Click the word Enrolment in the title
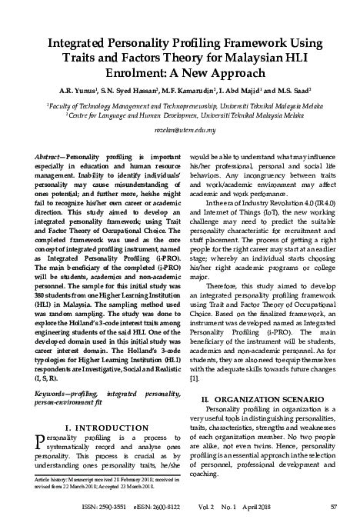coord(96,73)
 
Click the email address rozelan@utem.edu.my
coord(179,131)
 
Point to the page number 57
coord(334,506)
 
